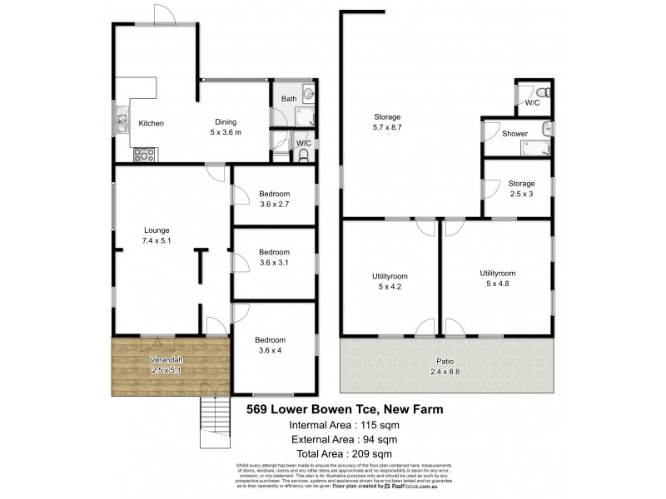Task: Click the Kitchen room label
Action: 151,124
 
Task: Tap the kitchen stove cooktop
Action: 142,154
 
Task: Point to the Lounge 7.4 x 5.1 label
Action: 157,236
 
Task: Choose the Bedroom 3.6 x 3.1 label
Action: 273,258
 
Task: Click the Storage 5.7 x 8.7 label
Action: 387,122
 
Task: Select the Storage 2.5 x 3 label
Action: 521,189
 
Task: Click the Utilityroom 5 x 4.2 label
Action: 390,282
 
